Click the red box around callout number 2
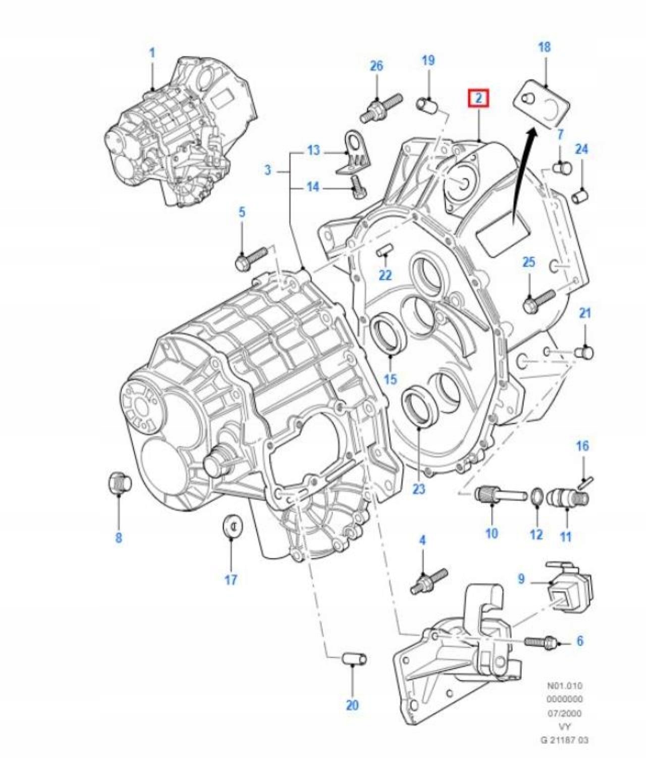point(478,98)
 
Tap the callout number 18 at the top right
point(545,47)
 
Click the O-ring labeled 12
point(536,497)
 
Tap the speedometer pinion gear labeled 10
point(501,495)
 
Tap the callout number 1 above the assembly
point(152,53)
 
